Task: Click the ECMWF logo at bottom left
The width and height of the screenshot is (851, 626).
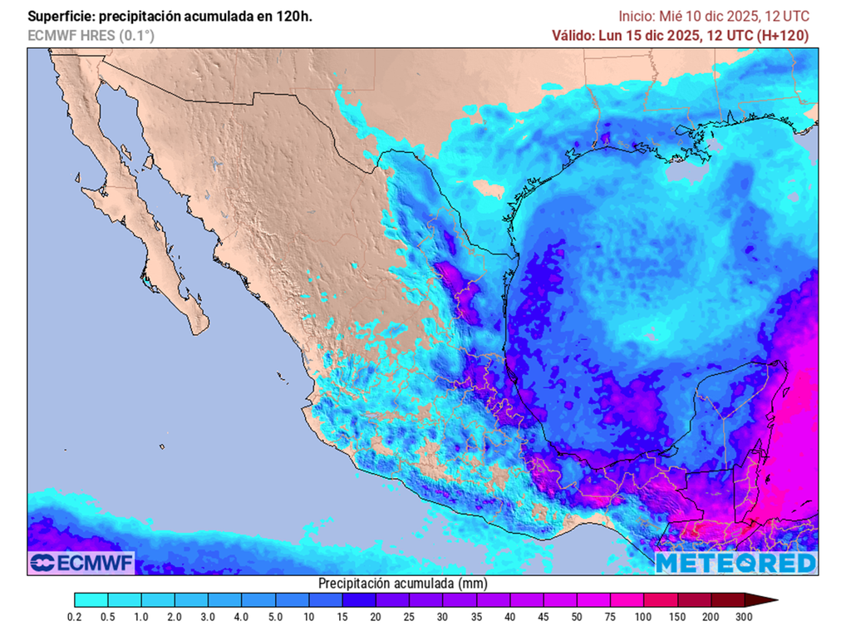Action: [x=81, y=563]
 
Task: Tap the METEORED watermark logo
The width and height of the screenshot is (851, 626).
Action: [x=736, y=563]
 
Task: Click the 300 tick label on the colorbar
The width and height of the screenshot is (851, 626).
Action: [x=744, y=616]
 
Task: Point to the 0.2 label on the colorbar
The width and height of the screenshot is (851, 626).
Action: [x=74, y=616]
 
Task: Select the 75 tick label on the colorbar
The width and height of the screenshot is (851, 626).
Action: [x=610, y=616]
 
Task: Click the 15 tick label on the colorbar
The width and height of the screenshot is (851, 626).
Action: [x=342, y=616]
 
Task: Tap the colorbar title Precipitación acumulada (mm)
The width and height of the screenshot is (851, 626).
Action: [x=402, y=584]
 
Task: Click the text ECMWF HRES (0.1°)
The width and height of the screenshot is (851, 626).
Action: [x=91, y=36]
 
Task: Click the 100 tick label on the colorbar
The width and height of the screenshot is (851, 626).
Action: [x=643, y=616]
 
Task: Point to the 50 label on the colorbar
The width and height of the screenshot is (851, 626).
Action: [x=577, y=616]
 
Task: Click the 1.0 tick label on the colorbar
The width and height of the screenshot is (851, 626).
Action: [x=141, y=616]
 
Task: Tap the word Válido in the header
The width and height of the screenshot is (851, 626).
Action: [x=573, y=36]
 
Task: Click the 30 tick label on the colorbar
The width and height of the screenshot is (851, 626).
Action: [x=442, y=616]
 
